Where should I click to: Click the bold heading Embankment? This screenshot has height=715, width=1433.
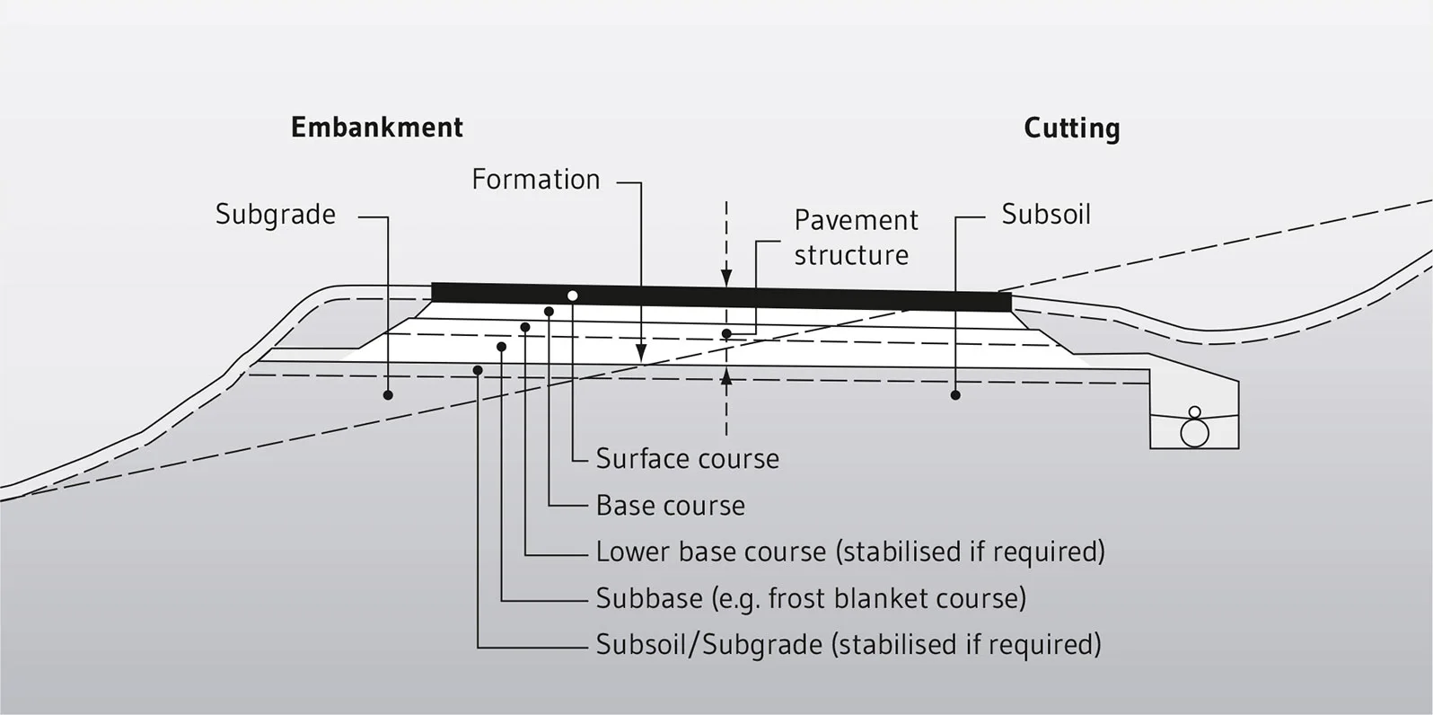[377, 127]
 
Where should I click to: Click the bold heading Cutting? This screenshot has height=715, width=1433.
[1071, 128]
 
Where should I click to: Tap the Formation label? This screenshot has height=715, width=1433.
[535, 179]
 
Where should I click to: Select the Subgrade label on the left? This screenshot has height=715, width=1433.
[275, 214]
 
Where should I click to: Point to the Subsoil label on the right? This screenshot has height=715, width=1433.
[1045, 214]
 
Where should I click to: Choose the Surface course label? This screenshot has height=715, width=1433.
[687, 458]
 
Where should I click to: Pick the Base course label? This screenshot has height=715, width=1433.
[670, 505]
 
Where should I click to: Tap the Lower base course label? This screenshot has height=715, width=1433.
[849, 551]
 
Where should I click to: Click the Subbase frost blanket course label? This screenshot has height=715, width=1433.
[810, 597]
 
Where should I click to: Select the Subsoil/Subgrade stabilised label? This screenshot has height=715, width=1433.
[848, 644]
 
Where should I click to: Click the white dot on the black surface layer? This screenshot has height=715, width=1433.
[572, 296]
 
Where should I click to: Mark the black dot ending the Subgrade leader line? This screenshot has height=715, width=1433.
[388, 395]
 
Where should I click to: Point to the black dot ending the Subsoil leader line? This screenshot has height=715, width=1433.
[955, 395]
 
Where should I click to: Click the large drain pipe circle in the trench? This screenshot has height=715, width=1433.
[1194, 434]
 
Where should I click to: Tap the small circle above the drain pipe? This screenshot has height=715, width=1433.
[1194, 413]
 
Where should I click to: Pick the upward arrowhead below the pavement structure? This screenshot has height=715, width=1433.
[726, 376]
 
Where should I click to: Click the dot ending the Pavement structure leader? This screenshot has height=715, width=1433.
[726, 333]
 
